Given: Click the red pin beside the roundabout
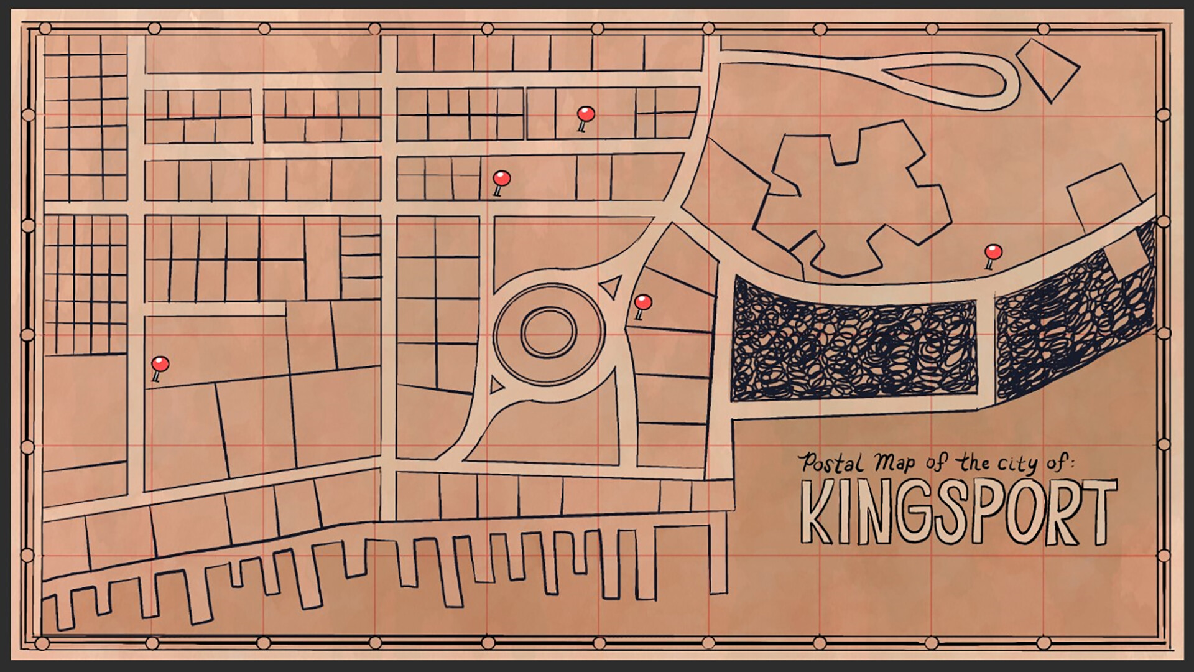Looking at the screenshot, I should coord(642,303).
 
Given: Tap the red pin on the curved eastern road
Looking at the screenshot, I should coord(993,253).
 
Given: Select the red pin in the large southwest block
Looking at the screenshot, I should coord(160,364).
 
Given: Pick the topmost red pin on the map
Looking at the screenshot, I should coord(586,114).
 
